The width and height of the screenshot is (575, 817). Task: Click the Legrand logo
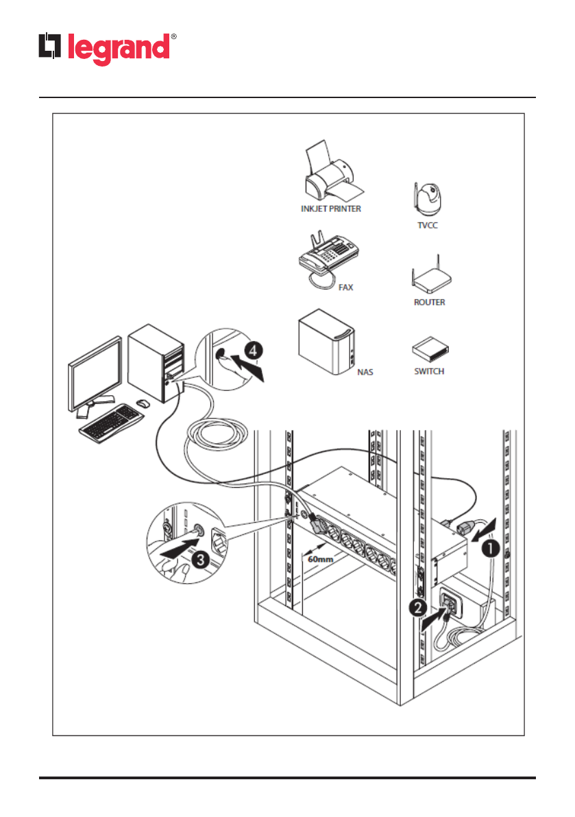tap(106, 48)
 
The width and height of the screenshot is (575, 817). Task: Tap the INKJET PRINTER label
tap(330, 209)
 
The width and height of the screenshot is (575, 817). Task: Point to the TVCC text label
tap(428, 224)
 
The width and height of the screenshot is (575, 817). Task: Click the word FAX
tap(346, 287)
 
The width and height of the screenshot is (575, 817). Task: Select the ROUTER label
tap(430, 302)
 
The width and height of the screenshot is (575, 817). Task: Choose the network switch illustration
tap(430, 351)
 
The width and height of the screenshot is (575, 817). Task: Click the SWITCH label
tap(430, 371)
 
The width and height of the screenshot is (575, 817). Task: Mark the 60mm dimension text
tap(320, 560)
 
